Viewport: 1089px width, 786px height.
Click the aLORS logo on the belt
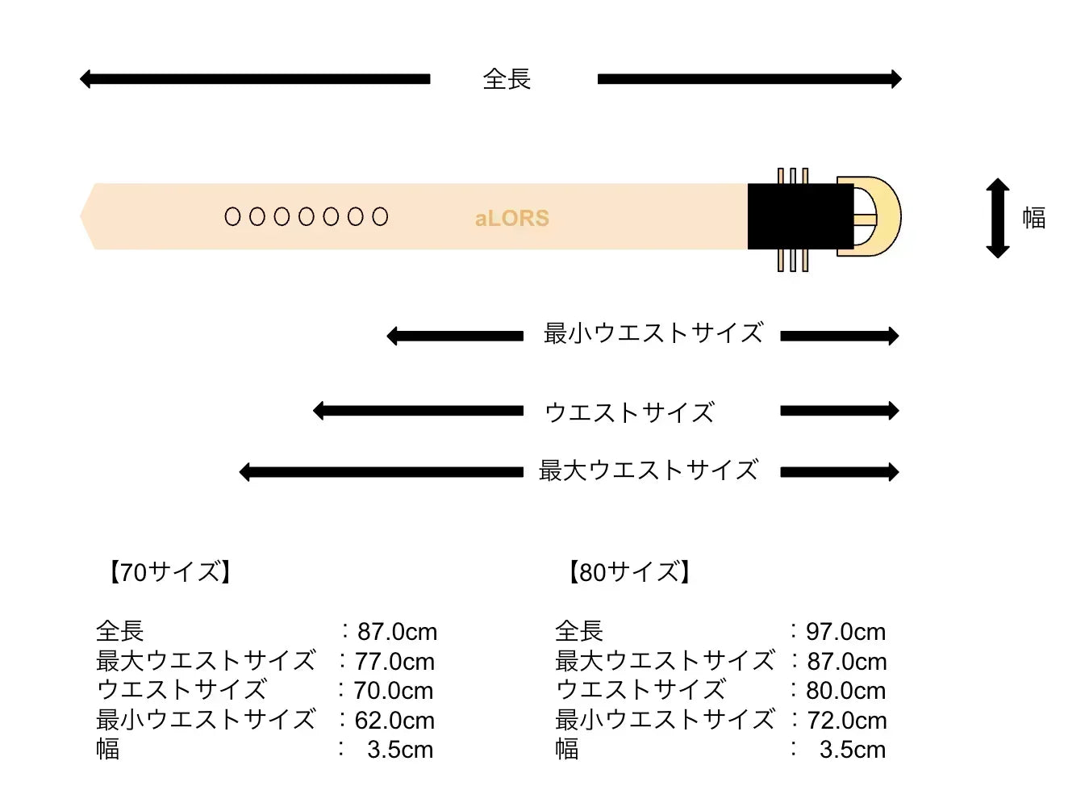click(x=512, y=219)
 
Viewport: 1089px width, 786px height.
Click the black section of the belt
click(x=800, y=216)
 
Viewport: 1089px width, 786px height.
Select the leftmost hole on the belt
click(x=232, y=216)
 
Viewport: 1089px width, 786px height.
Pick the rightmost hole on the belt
click(x=380, y=216)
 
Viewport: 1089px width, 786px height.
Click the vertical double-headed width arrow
click(x=998, y=218)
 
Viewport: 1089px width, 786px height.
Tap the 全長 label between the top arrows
click(x=507, y=79)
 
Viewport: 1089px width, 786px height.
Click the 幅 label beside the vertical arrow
click(x=1034, y=217)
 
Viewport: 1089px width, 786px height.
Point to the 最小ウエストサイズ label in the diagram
click(x=653, y=333)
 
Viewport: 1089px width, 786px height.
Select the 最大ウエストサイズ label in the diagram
click(x=648, y=470)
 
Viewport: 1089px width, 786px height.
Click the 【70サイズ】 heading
click(x=169, y=572)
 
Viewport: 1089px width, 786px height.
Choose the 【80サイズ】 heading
click(x=629, y=572)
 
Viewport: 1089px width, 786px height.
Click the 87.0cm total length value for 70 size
click(x=397, y=632)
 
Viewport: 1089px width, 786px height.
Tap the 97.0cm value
click(x=846, y=632)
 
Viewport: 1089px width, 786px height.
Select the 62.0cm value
click(x=394, y=721)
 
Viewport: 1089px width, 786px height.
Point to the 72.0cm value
click(x=847, y=721)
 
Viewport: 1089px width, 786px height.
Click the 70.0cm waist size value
click(x=394, y=691)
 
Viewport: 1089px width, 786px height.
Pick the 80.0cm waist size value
click(x=846, y=691)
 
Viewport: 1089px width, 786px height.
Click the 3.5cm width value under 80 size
click(x=853, y=750)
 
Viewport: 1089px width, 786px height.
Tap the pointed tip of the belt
click(x=80, y=216)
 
